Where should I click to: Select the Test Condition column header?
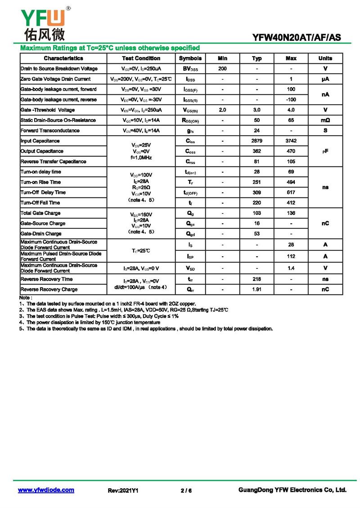[x=141, y=58]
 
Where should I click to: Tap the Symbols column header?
[x=190, y=58]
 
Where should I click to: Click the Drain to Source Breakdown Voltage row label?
[x=59, y=69]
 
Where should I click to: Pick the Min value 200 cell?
[x=222, y=69]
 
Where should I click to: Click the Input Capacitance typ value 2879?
[x=257, y=141]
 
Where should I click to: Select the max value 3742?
[x=291, y=141]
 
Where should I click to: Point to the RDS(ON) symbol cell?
[x=190, y=120]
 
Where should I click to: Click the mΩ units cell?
[x=325, y=120]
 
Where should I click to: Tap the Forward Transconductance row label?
[x=50, y=131]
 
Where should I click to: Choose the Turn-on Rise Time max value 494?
[x=291, y=182]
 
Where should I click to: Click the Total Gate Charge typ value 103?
[x=257, y=213]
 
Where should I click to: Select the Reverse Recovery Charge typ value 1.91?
[x=257, y=290]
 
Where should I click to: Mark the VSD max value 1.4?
[x=291, y=268]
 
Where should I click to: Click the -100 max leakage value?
[x=291, y=99]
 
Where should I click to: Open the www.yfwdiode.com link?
[x=46, y=490]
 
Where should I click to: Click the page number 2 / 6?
[x=186, y=490]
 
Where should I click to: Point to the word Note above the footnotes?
[x=25, y=298]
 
